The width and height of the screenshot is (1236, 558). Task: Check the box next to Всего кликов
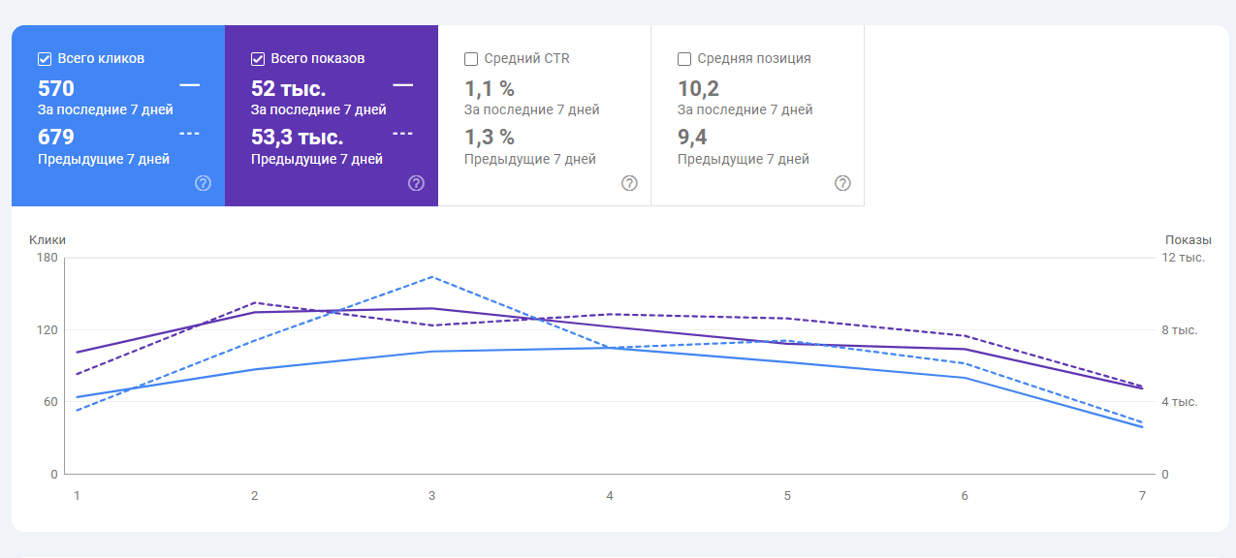[x=44, y=58]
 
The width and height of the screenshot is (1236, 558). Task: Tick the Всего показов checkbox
[x=257, y=58]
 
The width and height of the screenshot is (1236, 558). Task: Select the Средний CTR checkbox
[x=471, y=58]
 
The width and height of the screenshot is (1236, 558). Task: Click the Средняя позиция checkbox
[x=684, y=58]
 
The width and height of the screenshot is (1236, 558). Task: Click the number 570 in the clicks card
[x=56, y=88]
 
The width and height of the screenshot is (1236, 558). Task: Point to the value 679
[x=56, y=137]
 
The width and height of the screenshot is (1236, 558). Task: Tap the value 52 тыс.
[x=288, y=88]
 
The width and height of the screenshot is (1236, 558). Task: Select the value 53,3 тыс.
[x=297, y=137]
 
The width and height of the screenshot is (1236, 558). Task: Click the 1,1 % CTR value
[x=490, y=88]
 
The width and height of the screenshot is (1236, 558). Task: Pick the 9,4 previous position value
[x=692, y=137]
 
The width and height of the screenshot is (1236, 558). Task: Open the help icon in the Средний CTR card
[x=629, y=183]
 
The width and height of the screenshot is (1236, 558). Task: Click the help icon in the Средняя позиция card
[x=842, y=183]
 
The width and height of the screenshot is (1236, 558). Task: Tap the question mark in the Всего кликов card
[x=203, y=183]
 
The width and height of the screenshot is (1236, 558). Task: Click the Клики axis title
[x=48, y=239]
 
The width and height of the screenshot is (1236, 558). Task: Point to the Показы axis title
[x=1188, y=239]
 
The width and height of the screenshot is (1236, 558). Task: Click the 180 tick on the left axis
[x=47, y=258]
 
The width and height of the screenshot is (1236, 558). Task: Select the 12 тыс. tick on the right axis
[x=1183, y=258]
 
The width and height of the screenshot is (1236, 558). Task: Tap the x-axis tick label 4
[x=610, y=496]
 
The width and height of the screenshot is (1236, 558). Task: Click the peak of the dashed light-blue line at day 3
[x=432, y=277]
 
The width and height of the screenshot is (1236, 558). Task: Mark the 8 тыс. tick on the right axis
[x=1180, y=330]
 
